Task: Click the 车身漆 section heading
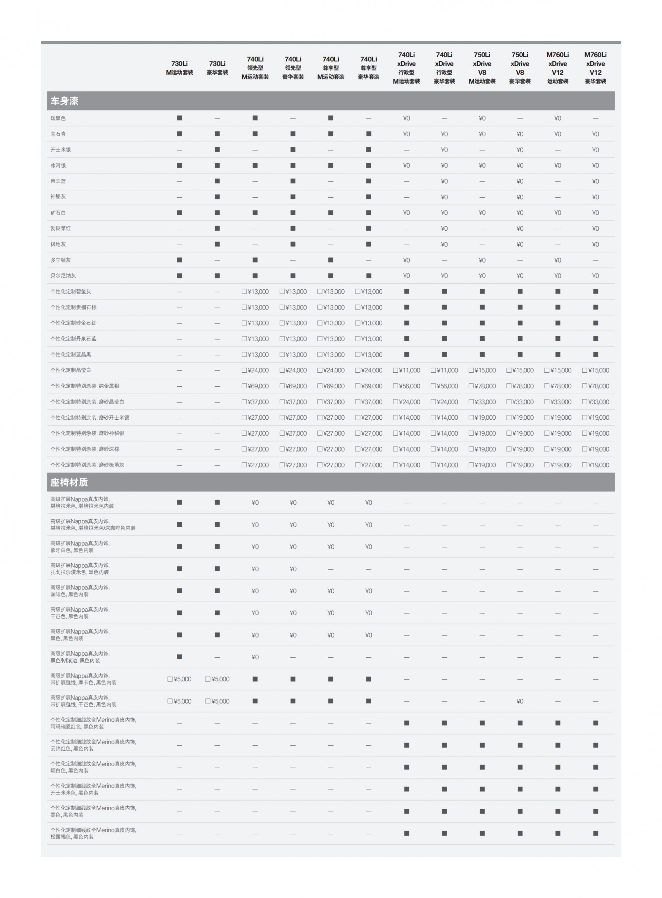coord(64,101)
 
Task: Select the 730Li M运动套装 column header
coord(179,68)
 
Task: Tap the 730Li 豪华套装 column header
coord(217,68)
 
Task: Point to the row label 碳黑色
coord(58,118)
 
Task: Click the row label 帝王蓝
coord(58,181)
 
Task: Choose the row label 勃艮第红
coord(61,228)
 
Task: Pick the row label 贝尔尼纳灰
coord(63,276)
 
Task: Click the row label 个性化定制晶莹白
coord(71,370)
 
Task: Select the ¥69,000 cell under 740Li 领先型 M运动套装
coord(255,386)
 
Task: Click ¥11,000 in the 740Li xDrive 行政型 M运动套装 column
coord(407,370)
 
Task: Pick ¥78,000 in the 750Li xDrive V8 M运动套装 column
coord(482,386)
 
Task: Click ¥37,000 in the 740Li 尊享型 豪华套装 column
coord(369,402)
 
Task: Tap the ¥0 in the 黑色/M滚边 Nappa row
coord(255,657)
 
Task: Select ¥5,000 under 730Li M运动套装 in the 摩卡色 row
coord(179,679)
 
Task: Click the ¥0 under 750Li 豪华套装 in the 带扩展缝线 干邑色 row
coord(520,701)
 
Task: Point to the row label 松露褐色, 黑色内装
coord(72,837)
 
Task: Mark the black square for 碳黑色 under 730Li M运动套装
coord(179,118)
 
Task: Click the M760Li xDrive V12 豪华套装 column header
coord(595,68)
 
